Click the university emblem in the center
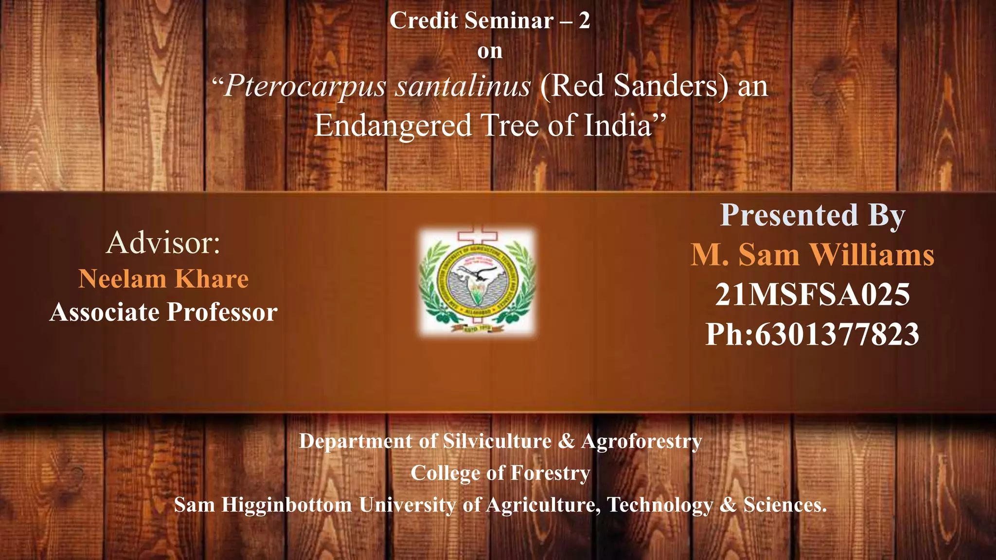point(478,281)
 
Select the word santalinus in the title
point(462,87)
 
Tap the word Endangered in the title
point(393,125)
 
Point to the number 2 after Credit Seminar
point(584,21)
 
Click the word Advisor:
point(163,243)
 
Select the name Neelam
point(123,279)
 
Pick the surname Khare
point(212,279)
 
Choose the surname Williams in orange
point(871,255)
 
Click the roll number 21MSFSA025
point(812,295)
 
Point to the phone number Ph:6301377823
point(812,334)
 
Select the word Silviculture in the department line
point(497,441)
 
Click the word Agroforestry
point(641,441)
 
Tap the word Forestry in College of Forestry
point(551,473)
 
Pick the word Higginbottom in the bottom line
point(287,505)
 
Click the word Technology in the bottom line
point(659,505)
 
